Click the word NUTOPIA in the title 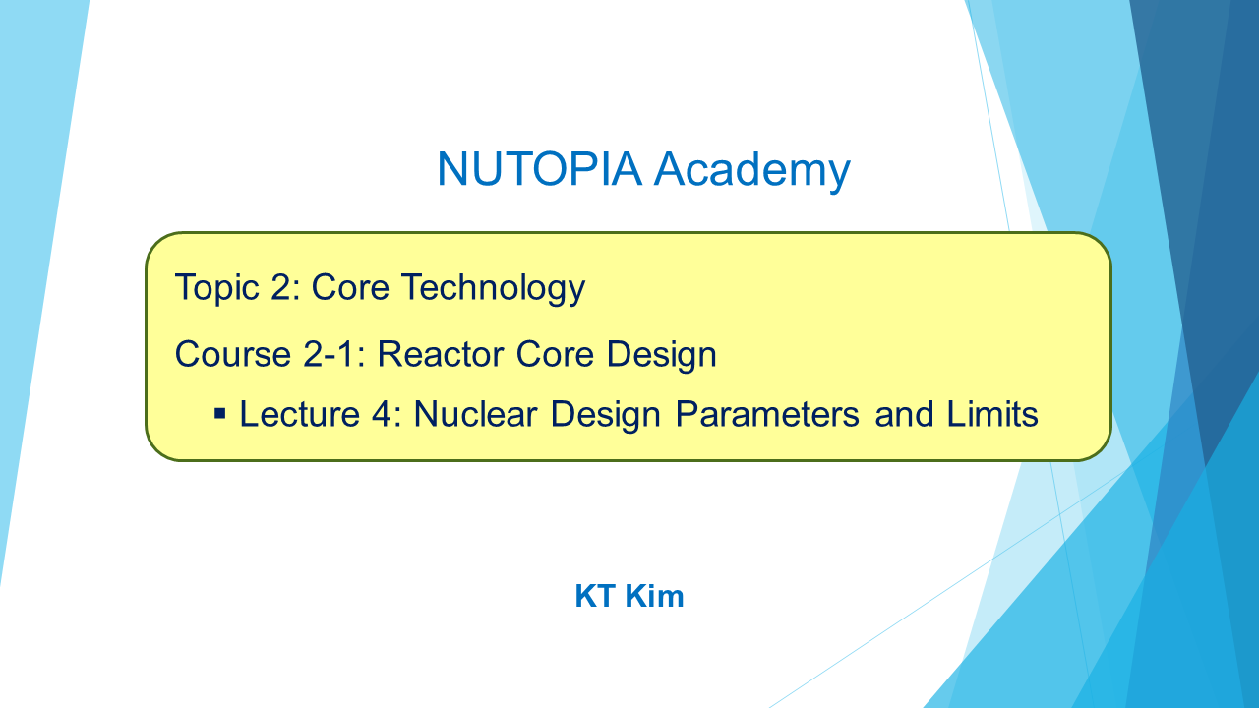pyautogui.click(x=540, y=168)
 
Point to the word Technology pyautogui.click(x=493, y=289)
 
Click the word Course pyautogui.click(x=233, y=354)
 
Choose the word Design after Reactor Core pyautogui.click(x=662, y=356)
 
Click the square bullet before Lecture pyautogui.click(x=220, y=414)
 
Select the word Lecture pyautogui.click(x=300, y=414)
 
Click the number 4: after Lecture pyautogui.click(x=387, y=414)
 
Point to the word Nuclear pyautogui.click(x=475, y=414)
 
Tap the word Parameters pyautogui.click(x=767, y=414)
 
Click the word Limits pyautogui.click(x=992, y=414)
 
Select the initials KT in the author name pyautogui.click(x=595, y=596)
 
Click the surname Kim pyautogui.click(x=654, y=596)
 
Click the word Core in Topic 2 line pyautogui.click(x=350, y=287)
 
